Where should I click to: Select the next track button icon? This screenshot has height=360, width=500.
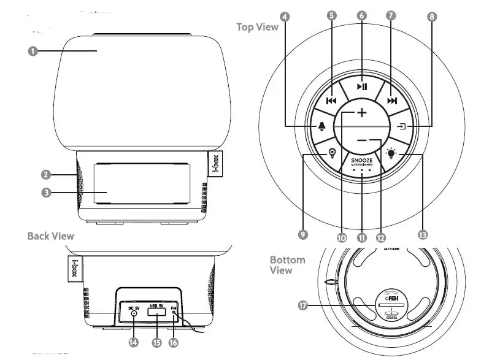393,101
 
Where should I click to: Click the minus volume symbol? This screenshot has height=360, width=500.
362,140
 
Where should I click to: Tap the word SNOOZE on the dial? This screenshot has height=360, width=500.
362,158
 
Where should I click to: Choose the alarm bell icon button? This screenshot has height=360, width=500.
323,127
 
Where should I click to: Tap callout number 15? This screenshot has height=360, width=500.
156,343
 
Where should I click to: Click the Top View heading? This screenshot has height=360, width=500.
257,26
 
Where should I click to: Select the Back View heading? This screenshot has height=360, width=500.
50,236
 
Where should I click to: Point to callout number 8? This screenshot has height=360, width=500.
433,17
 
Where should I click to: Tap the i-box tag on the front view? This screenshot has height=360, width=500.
215,164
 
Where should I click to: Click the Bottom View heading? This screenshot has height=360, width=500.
287,265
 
